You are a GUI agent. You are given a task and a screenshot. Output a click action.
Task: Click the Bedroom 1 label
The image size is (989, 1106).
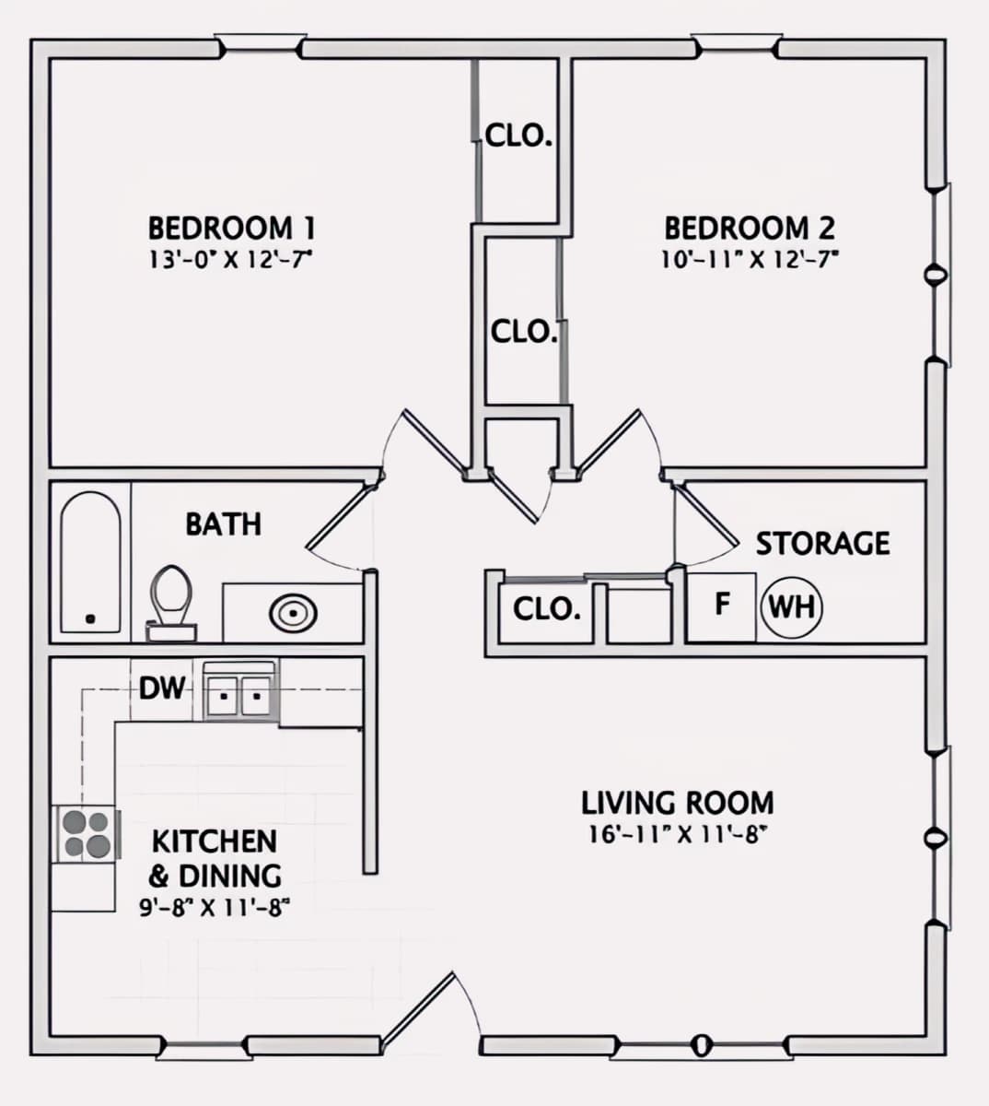231,227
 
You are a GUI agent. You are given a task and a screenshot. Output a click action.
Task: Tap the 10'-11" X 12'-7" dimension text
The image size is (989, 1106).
749,259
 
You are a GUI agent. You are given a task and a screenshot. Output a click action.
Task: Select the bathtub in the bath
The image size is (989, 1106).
90,562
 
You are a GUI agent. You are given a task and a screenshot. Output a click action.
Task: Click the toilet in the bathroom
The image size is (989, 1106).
171,601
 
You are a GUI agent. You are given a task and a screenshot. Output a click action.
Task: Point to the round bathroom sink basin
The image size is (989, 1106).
293,611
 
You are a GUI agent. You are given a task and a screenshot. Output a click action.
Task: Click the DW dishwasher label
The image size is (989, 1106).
161,688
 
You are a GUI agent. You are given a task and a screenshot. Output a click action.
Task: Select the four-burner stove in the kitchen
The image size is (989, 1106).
86,832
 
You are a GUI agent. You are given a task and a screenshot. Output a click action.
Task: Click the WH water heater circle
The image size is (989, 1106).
790,606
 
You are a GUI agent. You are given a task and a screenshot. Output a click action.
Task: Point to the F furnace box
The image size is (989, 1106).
722,605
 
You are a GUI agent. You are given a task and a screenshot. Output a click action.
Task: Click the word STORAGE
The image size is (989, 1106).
822,543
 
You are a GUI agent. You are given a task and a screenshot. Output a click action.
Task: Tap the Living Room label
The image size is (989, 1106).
677,803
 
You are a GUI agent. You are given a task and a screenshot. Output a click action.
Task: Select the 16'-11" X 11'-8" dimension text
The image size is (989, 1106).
677,835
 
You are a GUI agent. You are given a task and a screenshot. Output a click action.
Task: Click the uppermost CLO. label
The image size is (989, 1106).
518,137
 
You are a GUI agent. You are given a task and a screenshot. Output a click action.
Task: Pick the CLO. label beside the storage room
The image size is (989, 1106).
546,608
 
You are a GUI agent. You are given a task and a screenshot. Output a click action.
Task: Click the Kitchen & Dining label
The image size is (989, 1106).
215,857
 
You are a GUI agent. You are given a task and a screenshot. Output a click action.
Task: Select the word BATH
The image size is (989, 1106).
223,524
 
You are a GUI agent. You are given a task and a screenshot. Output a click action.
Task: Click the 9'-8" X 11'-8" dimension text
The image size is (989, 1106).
215,907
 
